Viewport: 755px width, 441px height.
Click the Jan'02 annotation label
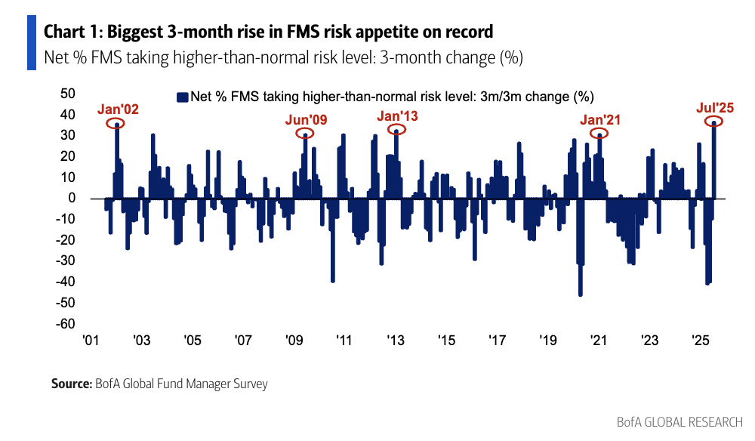tap(118, 109)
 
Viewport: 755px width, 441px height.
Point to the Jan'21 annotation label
tap(600, 119)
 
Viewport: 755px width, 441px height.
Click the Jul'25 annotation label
tap(714, 108)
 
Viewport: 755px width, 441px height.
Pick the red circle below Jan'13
tap(396, 130)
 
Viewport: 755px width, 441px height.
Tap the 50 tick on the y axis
tap(67, 94)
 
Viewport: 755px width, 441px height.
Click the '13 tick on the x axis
tap(395, 341)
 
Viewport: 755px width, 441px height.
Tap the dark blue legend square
tap(181, 97)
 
